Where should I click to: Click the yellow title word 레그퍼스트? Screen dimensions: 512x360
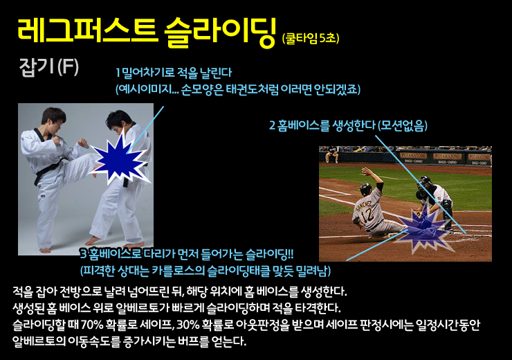(86, 30)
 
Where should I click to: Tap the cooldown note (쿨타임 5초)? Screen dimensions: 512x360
(311, 38)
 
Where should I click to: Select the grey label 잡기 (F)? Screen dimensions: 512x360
(49, 67)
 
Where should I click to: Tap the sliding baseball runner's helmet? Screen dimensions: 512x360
(366, 189)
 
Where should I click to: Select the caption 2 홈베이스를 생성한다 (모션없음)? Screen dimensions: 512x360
(348, 125)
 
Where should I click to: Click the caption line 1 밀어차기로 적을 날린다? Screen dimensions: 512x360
(174, 73)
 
